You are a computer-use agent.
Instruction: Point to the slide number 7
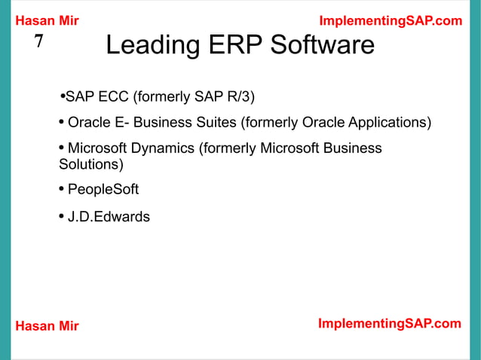39,43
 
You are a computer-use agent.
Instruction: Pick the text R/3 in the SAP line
240,96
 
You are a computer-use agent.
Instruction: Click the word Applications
384,123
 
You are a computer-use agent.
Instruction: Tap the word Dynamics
158,148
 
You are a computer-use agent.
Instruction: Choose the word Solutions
90,163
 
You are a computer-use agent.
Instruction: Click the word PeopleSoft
103,189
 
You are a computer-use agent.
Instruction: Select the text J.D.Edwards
109,218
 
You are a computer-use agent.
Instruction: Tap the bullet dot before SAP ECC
62,96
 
